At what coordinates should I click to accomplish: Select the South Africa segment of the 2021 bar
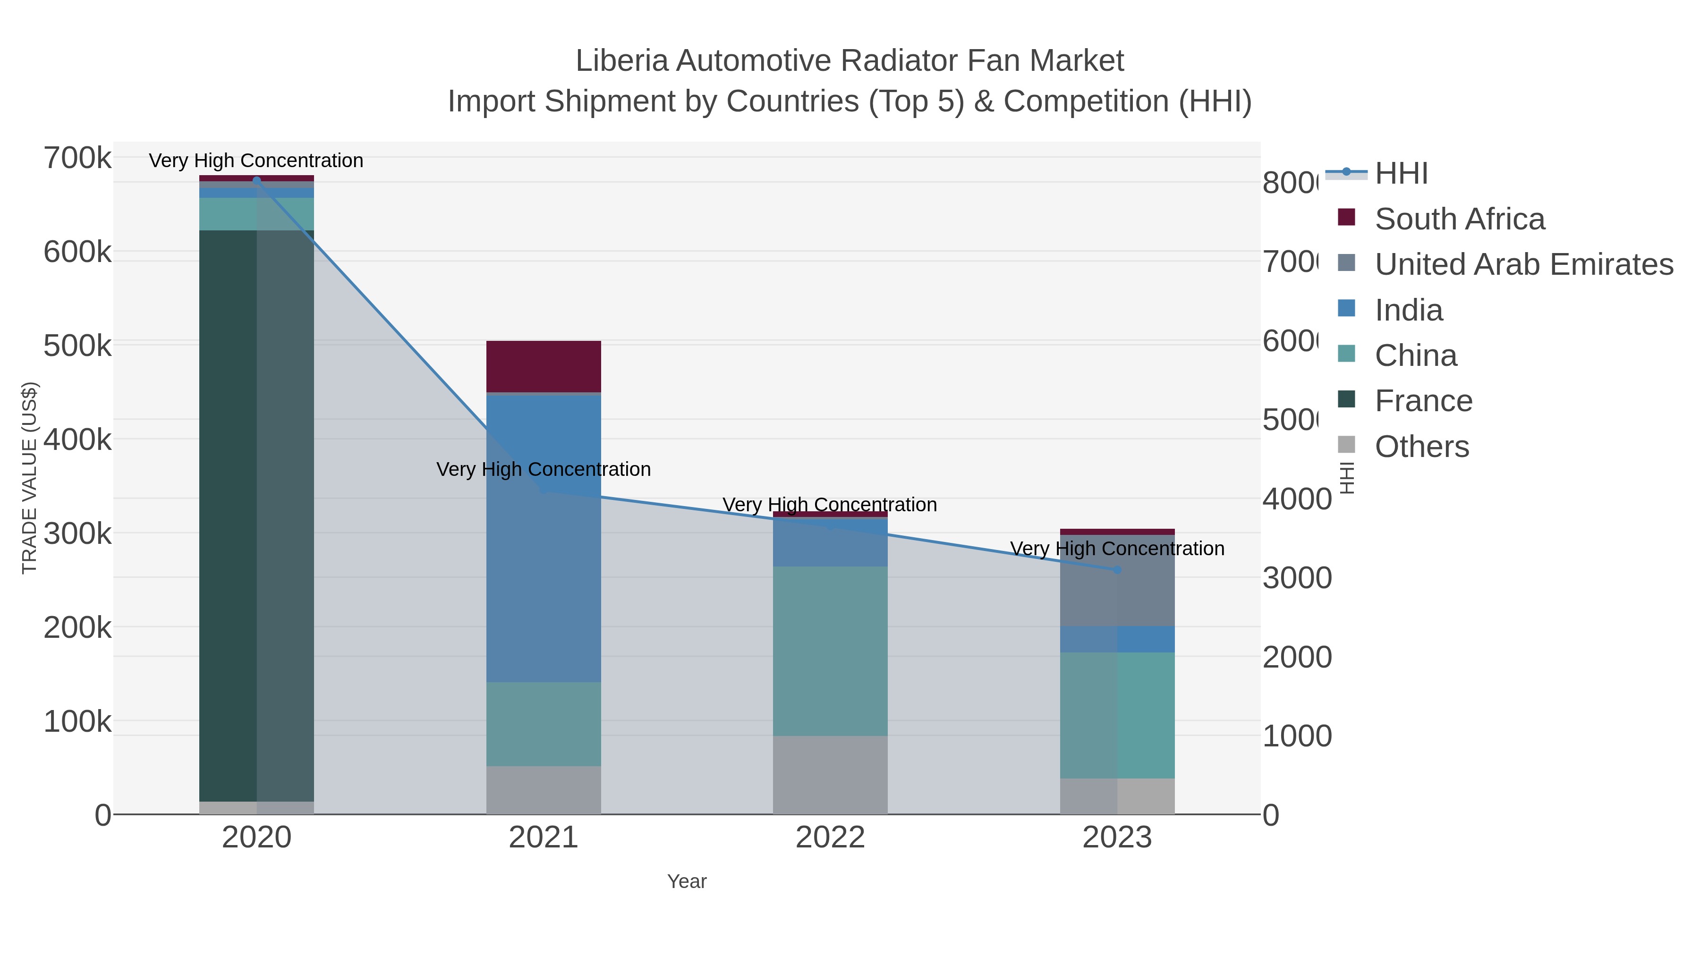(x=543, y=366)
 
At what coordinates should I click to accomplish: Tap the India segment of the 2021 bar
(x=543, y=538)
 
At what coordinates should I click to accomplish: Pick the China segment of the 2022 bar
(x=830, y=651)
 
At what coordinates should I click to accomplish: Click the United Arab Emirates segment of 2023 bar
(x=1117, y=581)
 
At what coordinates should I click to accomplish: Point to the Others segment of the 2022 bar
(x=830, y=775)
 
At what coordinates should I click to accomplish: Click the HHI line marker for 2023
(x=1117, y=569)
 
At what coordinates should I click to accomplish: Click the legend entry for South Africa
(x=1459, y=219)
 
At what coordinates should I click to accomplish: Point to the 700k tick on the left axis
(x=77, y=158)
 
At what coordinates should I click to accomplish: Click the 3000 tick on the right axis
(x=1297, y=578)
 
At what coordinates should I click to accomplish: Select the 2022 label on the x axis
(x=830, y=837)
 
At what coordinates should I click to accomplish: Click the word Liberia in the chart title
(x=621, y=61)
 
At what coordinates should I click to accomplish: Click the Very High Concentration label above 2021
(x=543, y=469)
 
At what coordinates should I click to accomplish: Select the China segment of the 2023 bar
(x=1117, y=715)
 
